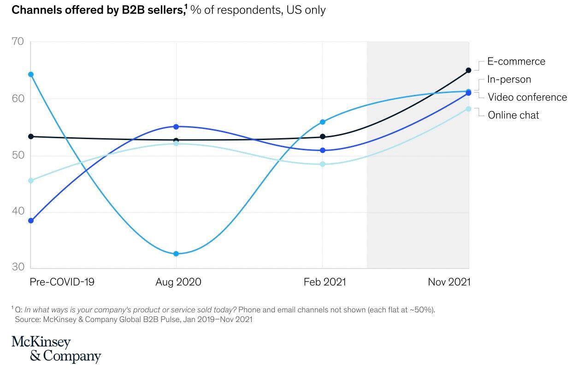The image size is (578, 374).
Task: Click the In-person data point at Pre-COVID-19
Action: point(31,74)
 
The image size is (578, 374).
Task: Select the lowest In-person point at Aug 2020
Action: point(176,254)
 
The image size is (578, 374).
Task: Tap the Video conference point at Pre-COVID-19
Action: point(31,221)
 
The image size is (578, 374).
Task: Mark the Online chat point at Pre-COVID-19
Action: point(31,181)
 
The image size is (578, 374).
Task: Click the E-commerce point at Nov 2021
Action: point(468,70)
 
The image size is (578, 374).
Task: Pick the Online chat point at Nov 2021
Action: point(468,109)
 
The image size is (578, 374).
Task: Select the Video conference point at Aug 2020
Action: point(176,126)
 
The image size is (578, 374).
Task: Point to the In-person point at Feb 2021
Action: point(323,122)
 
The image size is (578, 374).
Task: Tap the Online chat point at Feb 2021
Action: point(323,164)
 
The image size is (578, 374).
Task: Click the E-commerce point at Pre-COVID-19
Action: point(31,136)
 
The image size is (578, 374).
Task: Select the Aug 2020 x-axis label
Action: point(178,282)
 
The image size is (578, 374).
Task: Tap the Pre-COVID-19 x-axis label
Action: point(62,282)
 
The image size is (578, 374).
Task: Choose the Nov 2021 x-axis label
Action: point(449,282)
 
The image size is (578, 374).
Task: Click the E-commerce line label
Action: point(516,61)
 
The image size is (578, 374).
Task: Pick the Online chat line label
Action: point(513,115)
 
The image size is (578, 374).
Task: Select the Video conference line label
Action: point(527,97)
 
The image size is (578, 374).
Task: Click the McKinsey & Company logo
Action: point(56,349)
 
